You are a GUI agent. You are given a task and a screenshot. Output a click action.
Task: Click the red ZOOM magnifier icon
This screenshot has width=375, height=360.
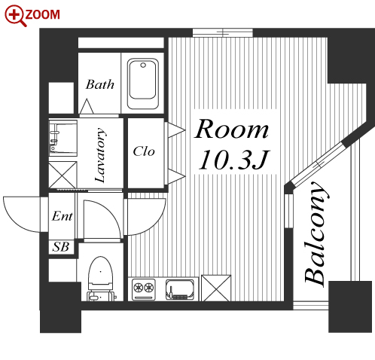coord(14,15)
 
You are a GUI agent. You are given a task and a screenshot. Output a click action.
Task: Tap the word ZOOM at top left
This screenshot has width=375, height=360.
coord(42,14)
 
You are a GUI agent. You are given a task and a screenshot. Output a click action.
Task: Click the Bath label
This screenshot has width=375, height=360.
coord(100,84)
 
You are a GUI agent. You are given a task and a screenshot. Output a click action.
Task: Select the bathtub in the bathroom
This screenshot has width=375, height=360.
coord(143,84)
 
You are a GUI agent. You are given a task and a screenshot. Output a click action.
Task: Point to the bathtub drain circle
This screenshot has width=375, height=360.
coord(143,66)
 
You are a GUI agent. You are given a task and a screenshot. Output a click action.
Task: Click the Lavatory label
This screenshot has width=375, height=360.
coord(100,155)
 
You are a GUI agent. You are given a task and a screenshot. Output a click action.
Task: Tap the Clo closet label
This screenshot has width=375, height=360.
coord(144,151)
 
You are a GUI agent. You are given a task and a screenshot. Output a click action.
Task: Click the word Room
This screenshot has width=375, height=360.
coord(231,129)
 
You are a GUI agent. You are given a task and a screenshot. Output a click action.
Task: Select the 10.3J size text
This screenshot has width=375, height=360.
coord(233,160)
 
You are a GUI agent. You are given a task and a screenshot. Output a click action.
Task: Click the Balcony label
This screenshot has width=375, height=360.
coord(316,233)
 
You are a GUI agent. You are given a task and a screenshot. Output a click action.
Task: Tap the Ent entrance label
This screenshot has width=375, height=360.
coord(62,216)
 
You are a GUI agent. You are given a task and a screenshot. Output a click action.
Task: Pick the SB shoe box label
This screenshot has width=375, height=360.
coord(61,247)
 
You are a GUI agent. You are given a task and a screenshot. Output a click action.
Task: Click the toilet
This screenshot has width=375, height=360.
coord(100,279)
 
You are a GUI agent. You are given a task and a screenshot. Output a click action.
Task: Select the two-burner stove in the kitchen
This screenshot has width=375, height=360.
coord(143,288)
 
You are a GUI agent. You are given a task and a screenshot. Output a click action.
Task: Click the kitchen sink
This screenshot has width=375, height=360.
coord(180,290)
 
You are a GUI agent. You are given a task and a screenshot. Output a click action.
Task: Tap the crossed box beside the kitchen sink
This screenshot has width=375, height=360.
coord(216,288)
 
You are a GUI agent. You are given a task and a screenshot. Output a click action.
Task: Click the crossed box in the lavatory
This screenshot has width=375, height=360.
coord(62,175)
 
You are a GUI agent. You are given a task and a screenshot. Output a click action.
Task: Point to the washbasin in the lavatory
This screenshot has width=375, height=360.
coord(62,138)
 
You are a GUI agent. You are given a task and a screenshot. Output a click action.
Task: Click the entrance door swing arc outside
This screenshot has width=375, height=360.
coord(21,215)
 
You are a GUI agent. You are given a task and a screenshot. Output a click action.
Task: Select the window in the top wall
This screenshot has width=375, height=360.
coord(223,33)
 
